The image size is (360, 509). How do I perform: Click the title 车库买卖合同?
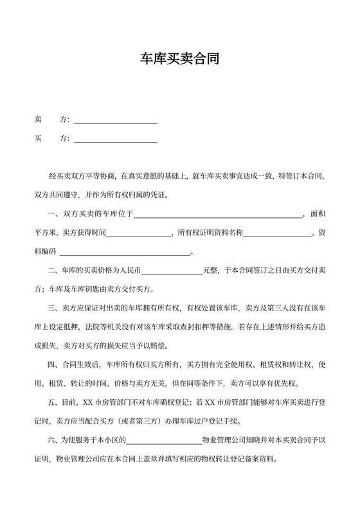[x=180, y=60]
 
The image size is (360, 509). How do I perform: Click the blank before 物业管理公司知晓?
[x=165, y=443]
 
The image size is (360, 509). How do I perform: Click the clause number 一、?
[x=53, y=214]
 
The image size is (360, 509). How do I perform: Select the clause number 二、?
[x=53, y=271]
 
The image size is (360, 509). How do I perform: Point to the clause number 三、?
[x=53, y=308]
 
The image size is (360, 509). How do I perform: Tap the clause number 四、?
[x=53, y=365]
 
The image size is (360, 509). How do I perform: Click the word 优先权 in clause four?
[x=299, y=384]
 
